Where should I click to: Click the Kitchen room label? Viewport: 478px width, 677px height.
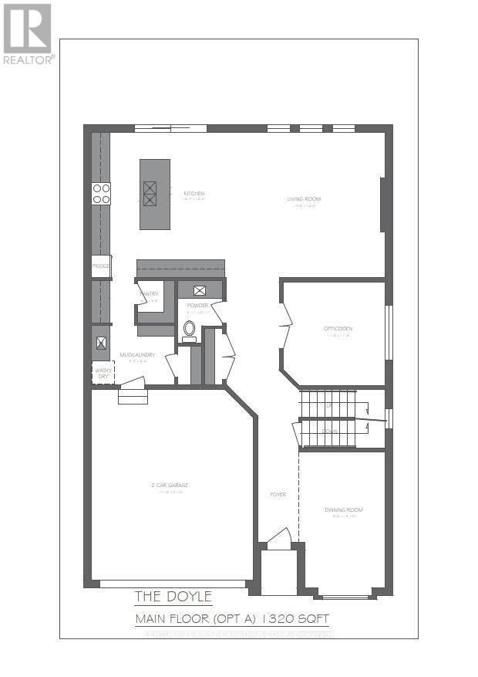tap(194, 193)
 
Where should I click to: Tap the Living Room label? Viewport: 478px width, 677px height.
tap(304, 199)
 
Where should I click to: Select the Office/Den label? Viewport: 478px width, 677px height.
tap(338, 329)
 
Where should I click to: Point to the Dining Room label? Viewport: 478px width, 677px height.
tap(343, 509)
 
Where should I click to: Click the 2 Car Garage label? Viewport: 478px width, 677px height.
tap(170, 485)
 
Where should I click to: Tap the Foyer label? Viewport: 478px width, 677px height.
tap(278, 495)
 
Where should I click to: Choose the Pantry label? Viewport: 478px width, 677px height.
tap(149, 293)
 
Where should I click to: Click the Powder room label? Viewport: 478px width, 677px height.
tap(197, 306)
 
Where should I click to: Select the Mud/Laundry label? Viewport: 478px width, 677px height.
tap(137, 355)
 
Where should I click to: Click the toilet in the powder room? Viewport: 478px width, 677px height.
tap(189, 329)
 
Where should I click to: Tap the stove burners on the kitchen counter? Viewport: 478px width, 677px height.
tap(101, 193)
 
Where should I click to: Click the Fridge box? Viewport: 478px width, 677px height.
tap(101, 266)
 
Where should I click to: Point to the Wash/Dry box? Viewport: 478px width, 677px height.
tap(103, 372)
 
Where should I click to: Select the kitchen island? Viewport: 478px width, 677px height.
tap(154, 194)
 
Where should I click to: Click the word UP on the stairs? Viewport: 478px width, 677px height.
tap(329, 405)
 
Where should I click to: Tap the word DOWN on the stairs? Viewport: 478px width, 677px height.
tap(329, 431)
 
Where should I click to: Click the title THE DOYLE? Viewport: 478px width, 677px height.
tap(173, 596)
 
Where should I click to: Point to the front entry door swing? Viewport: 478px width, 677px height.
tap(279, 538)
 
